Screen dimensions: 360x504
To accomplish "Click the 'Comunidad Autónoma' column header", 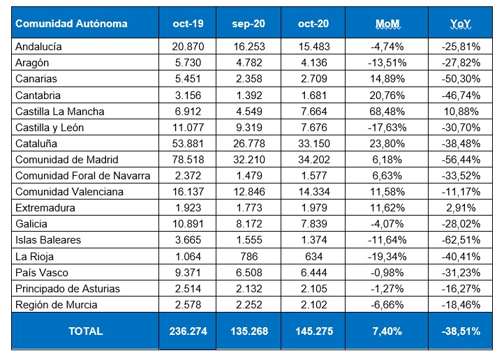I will click(71, 24).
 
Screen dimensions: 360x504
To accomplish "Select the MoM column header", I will click(387, 24).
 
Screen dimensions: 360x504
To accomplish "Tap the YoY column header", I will click(461, 24).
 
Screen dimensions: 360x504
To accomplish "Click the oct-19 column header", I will click(188, 24).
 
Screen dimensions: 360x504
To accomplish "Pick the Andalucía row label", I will click(39, 47).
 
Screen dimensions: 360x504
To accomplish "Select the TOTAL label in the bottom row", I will click(85, 331).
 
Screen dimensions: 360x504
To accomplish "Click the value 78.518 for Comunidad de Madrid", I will click(188, 159).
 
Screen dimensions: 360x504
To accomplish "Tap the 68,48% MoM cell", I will click(387, 111).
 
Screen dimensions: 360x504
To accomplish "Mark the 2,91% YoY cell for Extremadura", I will click(461, 208).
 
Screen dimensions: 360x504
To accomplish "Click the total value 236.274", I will click(188, 331).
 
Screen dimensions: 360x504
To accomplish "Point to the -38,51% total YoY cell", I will click(461, 331).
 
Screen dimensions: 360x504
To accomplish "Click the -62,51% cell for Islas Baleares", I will click(461, 240).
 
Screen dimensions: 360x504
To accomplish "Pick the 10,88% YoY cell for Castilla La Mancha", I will click(461, 111).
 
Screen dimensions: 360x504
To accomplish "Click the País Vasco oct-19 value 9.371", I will click(188, 272).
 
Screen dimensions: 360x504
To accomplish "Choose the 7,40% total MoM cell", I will click(387, 331).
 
